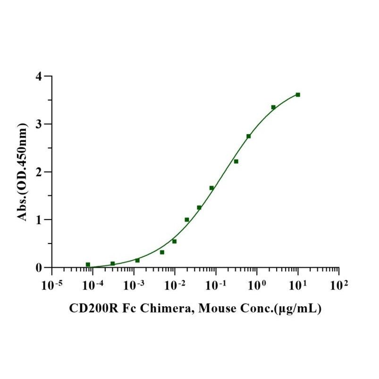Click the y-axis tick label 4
[x=42, y=76]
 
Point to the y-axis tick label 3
[x=42, y=124]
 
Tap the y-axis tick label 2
[x=42, y=172]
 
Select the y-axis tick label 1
[x=42, y=220]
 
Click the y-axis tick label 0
[x=42, y=268]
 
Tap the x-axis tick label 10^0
[x=256, y=285]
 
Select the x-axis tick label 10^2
[x=338, y=285]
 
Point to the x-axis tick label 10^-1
[x=215, y=285]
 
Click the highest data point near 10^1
[x=298, y=95]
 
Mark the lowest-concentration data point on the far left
[x=88, y=265]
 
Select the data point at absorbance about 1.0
[x=187, y=219]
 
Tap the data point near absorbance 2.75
[x=249, y=136]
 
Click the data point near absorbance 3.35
[x=273, y=107]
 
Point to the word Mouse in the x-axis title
[x=216, y=309]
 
